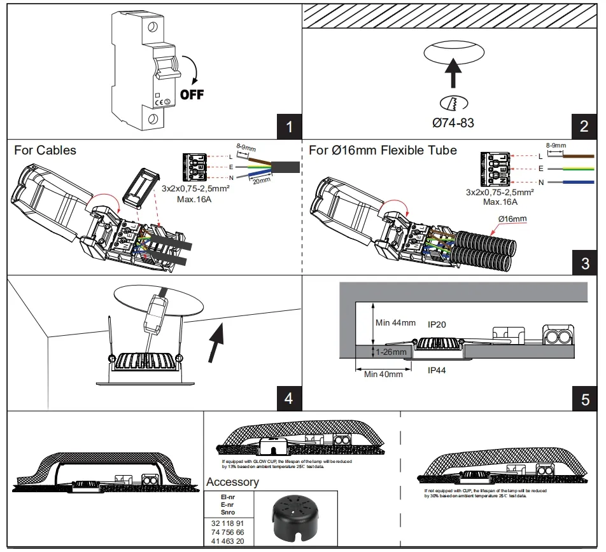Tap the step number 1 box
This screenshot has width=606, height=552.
[x=290, y=126]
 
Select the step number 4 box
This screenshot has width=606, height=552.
[x=288, y=398]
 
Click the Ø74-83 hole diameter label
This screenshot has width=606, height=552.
[x=453, y=123]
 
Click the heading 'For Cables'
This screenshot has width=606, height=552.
[x=45, y=151]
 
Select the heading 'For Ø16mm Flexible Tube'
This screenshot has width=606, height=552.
[x=383, y=151]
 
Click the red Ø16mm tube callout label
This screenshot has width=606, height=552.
[x=514, y=219]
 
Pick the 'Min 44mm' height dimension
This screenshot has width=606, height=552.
[x=395, y=323]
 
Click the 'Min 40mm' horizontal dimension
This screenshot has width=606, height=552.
[x=383, y=375]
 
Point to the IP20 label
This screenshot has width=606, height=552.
[x=437, y=324]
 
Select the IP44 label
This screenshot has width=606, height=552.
[x=437, y=369]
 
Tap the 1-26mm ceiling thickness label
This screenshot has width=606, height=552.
[x=390, y=351]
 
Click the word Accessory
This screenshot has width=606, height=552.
[x=232, y=482]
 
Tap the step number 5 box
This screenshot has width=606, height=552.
[x=585, y=399]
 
